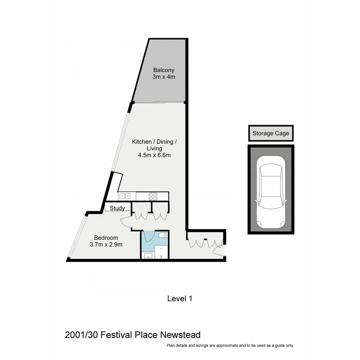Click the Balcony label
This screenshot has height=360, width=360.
tap(164, 70)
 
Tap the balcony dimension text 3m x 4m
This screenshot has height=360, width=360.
tap(164, 77)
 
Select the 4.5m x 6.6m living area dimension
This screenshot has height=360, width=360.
tap(154, 155)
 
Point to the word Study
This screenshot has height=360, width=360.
tap(117, 208)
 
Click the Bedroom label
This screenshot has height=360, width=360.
tap(106, 238)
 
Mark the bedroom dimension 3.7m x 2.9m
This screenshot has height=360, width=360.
tap(106, 245)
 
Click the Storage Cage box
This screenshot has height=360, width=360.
tap(271, 133)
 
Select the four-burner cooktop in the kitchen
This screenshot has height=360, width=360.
tap(153, 196)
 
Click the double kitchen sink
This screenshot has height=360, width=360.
tap(125, 196)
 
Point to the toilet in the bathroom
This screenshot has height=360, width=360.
tap(163, 236)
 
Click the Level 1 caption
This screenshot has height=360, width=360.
tap(180, 299)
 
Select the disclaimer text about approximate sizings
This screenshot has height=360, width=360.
tap(230, 345)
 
